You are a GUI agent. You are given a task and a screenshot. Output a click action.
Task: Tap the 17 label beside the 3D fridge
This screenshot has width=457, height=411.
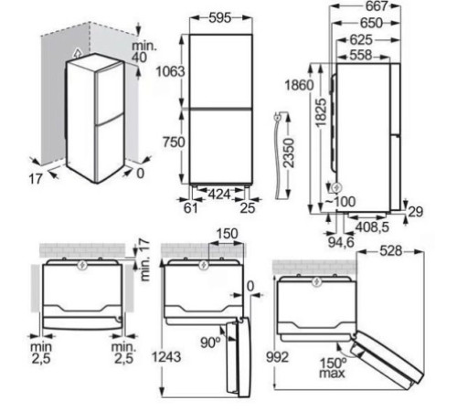pyautogui.click(x=35, y=180)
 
